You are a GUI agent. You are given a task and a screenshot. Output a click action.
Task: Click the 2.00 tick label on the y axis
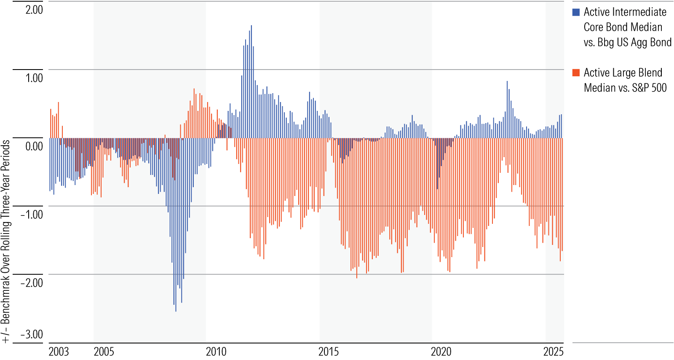34,9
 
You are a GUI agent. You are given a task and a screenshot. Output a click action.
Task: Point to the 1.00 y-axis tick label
34,78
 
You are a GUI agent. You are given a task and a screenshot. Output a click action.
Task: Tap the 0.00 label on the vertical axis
34,146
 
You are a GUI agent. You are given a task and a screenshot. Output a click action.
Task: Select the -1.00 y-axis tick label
32,215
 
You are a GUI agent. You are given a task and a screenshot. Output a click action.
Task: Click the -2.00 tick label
32,283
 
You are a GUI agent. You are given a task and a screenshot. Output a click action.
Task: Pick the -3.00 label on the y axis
32,334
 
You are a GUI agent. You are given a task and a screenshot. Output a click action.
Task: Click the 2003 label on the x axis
59,352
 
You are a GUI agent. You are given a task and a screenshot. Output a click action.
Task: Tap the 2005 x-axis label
104,352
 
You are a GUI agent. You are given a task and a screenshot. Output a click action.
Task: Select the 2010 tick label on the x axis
216,352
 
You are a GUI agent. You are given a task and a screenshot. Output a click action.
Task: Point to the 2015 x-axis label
329,352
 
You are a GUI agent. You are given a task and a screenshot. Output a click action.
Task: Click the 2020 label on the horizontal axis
441,352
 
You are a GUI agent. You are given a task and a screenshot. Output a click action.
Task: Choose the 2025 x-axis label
554,352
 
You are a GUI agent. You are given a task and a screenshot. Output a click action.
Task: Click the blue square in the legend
576,12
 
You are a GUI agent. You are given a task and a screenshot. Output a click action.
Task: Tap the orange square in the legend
576,73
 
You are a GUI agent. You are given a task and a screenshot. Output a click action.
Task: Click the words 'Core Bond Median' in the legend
623,27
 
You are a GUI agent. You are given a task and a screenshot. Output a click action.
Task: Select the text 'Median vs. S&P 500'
625,88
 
